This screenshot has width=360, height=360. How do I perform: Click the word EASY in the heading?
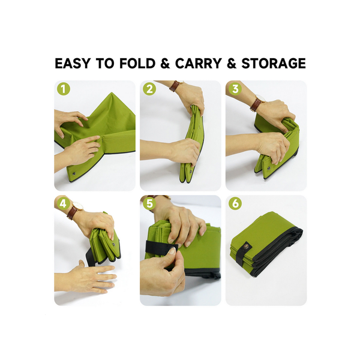point(73,64)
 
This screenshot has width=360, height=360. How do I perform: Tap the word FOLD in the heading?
point(137,64)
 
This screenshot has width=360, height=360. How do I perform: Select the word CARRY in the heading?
point(199,64)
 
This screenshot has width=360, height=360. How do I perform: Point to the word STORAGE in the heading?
point(274,64)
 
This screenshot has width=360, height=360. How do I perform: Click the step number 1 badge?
point(64,89)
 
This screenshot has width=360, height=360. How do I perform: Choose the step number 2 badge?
point(149,89)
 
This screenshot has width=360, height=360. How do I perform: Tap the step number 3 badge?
point(235,89)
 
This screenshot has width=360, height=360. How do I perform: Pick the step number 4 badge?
point(64,203)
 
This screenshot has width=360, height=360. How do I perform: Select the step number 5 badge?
point(149,203)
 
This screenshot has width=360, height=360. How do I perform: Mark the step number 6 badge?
point(235,203)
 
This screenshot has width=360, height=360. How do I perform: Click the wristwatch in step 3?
point(257,103)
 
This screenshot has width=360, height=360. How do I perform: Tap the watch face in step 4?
point(77,206)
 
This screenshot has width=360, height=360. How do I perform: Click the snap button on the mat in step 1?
point(74,173)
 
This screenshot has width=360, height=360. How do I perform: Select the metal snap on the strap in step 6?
point(247,247)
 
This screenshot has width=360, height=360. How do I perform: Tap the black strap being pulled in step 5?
point(161,247)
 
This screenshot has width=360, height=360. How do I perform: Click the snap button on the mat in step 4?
point(113,244)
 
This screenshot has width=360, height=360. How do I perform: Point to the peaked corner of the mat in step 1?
point(112,93)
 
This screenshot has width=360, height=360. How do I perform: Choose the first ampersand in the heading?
point(166,64)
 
